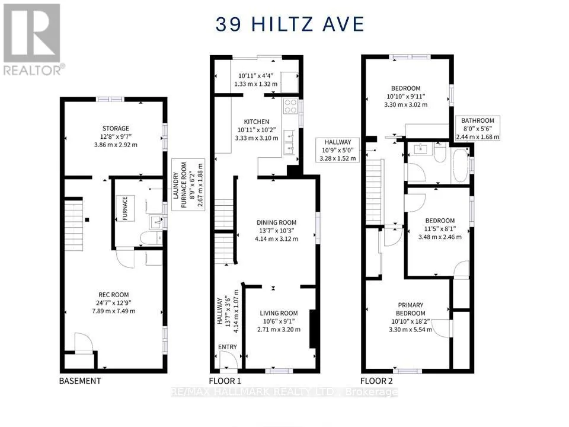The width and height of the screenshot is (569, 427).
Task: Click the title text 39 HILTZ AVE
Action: click(x=290, y=24)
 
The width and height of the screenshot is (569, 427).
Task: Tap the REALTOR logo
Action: click(x=33, y=39)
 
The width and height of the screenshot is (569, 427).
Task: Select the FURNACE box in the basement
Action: click(x=125, y=208)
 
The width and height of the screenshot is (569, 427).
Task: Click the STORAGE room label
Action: click(x=116, y=129)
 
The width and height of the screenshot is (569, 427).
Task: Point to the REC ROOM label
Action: click(x=114, y=295)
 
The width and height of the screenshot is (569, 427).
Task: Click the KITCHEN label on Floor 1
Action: click(x=257, y=122)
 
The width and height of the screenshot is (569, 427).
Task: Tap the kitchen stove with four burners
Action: click(x=290, y=106)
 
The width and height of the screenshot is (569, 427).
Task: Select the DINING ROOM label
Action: click(x=277, y=222)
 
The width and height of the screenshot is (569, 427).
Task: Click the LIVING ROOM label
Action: click(x=279, y=313)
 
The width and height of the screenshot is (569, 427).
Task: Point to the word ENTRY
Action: click(x=228, y=347)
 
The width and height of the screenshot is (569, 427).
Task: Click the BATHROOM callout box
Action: click(x=478, y=129)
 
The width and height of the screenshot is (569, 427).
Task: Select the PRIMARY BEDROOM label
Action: click(x=410, y=309)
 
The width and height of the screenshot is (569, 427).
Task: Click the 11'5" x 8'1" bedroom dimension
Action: click(x=440, y=229)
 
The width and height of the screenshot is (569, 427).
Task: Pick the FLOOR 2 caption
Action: click(x=376, y=381)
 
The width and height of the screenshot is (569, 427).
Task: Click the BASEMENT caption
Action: click(x=80, y=381)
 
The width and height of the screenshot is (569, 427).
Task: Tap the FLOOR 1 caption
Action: click(x=225, y=381)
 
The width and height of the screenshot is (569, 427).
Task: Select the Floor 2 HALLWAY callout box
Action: click(x=337, y=150)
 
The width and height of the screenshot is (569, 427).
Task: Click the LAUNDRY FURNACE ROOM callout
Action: click(x=188, y=184)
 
